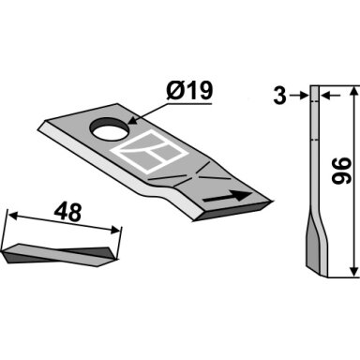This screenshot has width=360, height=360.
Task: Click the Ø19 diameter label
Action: (189, 91)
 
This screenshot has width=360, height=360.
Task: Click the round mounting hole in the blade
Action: (110, 129)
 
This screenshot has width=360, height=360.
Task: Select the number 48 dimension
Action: (67, 213)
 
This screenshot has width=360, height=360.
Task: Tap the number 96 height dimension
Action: (342, 171)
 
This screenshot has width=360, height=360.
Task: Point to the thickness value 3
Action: (279, 97)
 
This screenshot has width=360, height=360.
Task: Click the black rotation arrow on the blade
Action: (228, 197)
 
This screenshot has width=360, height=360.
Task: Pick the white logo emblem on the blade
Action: (149, 151)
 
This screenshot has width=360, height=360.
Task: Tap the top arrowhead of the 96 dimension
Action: (353, 93)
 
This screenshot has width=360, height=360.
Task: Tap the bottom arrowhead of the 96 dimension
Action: (353, 271)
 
